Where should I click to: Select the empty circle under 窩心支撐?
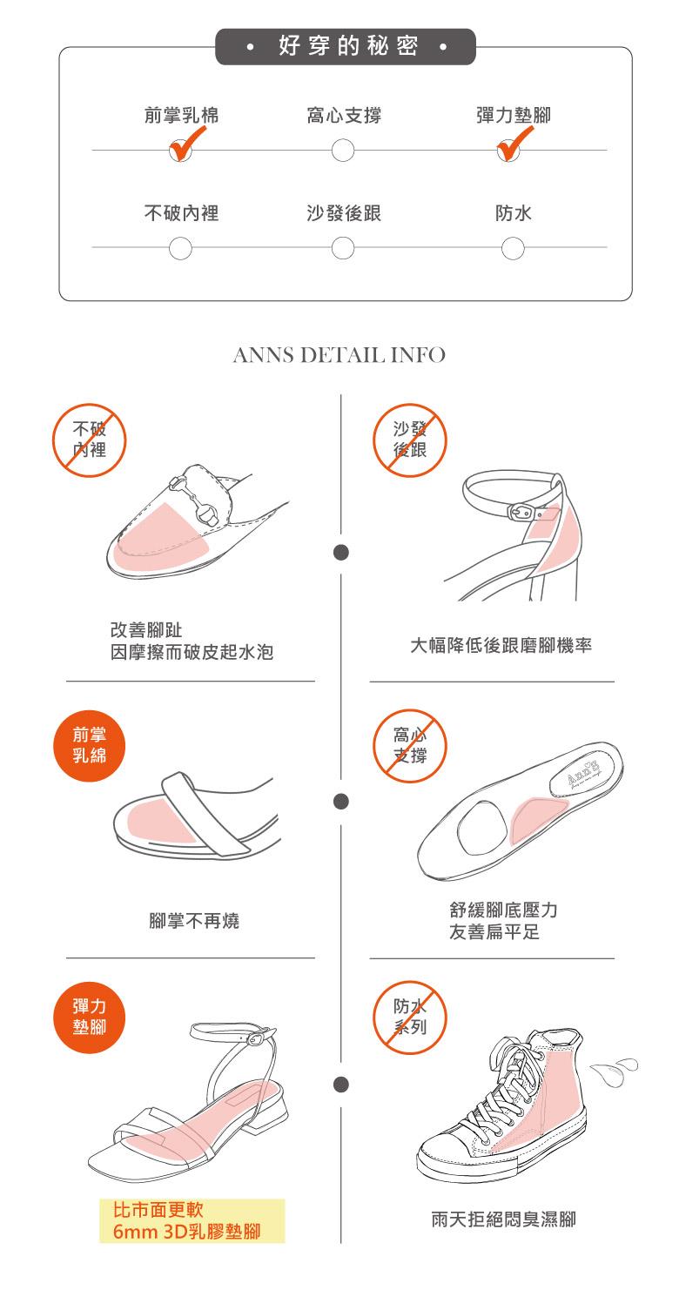click(343, 151)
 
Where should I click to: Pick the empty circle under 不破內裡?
click(180, 248)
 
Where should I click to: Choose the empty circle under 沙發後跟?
click(343, 248)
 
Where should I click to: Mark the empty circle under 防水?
click(513, 248)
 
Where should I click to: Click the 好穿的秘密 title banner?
click(346, 46)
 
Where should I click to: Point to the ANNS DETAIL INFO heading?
click(339, 355)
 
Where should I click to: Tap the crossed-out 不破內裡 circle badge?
click(90, 440)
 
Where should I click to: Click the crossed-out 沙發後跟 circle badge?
click(410, 440)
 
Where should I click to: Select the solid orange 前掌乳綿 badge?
click(90, 746)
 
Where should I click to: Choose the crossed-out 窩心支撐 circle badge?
click(410, 746)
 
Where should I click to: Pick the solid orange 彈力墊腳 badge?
click(90, 1017)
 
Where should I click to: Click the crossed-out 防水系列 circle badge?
click(410, 1017)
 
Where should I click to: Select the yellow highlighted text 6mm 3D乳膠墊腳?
click(186, 1232)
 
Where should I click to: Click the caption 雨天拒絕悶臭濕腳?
click(503, 1219)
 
